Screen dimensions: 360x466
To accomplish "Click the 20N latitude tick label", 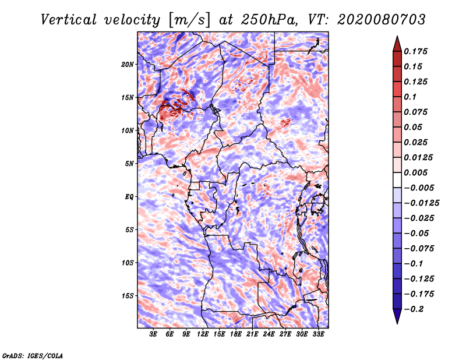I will (128, 64).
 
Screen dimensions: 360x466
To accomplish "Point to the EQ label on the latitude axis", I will (129, 197).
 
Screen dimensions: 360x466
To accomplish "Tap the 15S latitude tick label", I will (128, 296).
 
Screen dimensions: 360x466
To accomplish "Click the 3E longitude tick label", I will (154, 334).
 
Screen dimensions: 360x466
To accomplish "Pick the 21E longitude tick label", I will (252, 334).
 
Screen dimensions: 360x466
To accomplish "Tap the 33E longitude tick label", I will (318, 334).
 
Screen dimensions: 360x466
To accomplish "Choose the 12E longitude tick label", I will (203, 334).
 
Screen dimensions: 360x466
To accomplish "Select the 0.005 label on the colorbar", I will (417, 172).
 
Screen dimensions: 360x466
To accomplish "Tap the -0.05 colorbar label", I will (417, 233).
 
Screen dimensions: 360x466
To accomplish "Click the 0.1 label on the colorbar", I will (411, 97).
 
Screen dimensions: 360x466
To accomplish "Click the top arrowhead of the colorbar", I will (397, 43).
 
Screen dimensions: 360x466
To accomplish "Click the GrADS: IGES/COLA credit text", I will (32, 355).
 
